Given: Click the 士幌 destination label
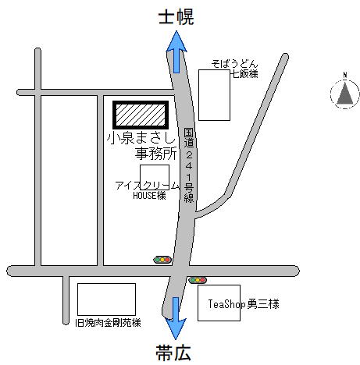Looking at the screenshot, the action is [176, 17].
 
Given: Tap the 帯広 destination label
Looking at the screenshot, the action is [173, 353].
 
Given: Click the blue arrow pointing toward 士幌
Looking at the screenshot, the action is [176, 52].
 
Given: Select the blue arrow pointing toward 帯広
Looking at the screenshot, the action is [176, 318].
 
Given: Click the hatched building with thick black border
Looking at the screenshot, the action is [141, 115].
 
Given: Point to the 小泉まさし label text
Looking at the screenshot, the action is [141, 138].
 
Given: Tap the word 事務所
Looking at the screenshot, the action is [155, 154].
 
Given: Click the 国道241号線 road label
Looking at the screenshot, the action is [189, 165].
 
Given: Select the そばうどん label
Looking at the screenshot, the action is [234, 64].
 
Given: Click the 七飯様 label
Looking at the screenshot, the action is [244, 74].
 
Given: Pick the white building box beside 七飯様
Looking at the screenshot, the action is [214, 95].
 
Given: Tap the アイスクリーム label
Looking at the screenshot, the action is [148, 186].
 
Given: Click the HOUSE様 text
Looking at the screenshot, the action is [149, 196].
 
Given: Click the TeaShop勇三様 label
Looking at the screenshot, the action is [244, 304].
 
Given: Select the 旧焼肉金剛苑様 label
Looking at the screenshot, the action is [108, 323].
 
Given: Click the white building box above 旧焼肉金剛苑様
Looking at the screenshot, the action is [106, 299].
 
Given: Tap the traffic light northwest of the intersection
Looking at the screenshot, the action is [162, 260].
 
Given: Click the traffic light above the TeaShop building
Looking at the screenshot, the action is [198, 280].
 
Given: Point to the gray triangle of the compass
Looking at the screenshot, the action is [345, 94].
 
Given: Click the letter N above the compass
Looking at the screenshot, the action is [345, 75].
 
